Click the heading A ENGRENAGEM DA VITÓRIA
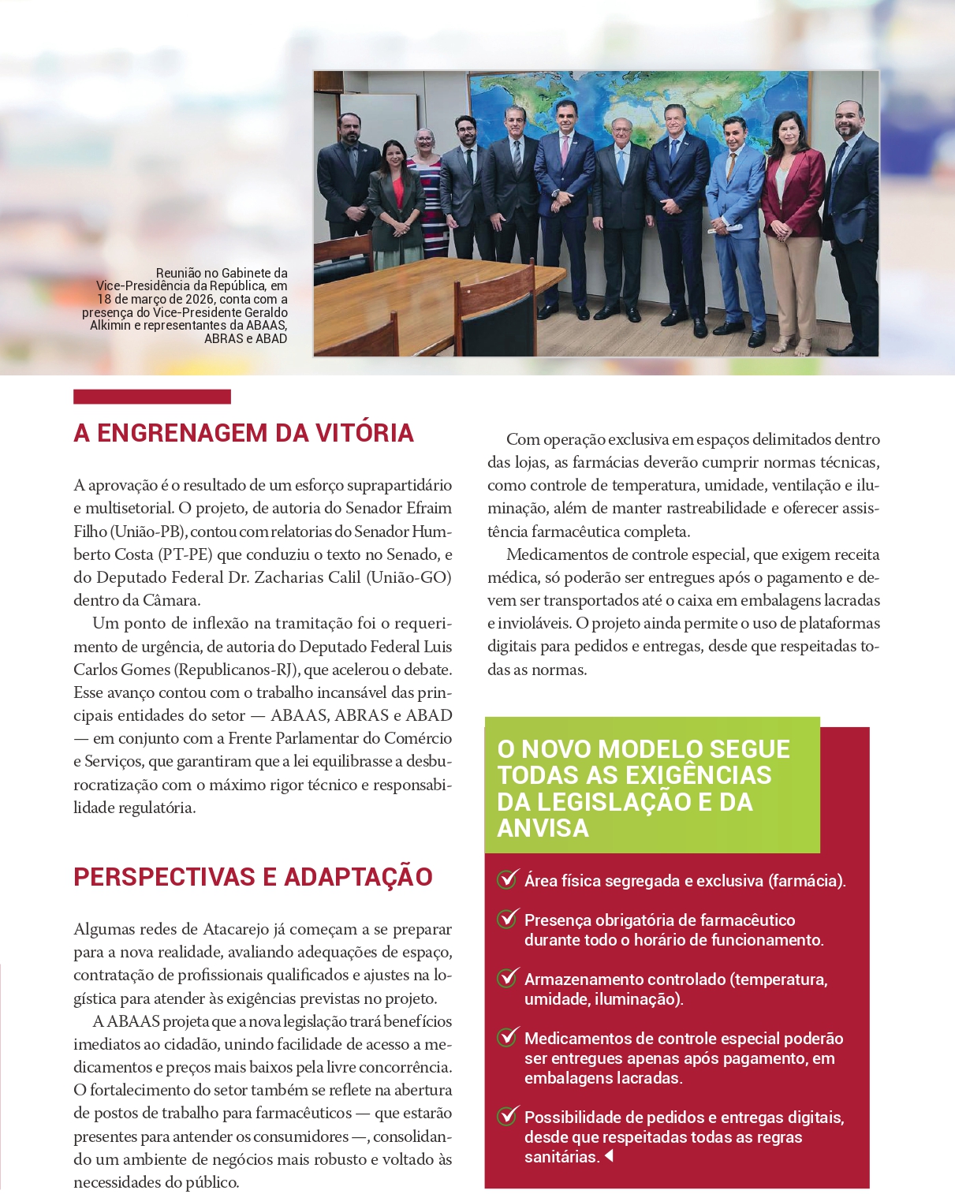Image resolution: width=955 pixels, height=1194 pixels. tap(243, 433)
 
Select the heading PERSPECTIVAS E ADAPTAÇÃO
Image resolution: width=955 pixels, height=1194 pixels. tap(252, 877)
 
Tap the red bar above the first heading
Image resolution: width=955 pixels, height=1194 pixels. tap(151, 397)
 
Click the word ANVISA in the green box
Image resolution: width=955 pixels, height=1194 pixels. tap(543, 828)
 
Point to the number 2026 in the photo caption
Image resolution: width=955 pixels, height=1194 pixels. tap(198, 299)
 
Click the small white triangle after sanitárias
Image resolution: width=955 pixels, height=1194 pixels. tap(609, 1157)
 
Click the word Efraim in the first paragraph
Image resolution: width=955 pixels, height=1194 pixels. tap(429, 508)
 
